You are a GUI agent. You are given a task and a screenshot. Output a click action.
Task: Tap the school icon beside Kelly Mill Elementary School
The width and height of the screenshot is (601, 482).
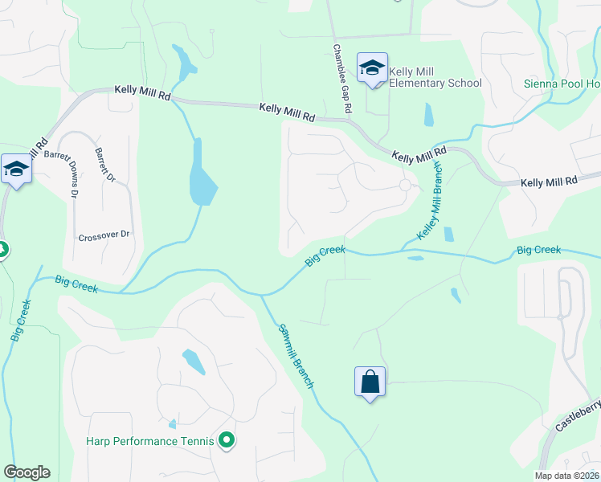pos(372,67)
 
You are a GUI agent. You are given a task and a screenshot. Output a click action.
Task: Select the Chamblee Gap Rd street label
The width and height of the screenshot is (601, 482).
pos(343,78)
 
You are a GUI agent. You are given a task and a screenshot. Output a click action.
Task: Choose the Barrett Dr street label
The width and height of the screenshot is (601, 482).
pos(105,164)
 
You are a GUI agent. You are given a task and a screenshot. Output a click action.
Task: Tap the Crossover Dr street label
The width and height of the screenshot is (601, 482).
pos(104,236)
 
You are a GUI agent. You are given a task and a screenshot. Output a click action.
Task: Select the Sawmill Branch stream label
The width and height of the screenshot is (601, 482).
pos(295,356)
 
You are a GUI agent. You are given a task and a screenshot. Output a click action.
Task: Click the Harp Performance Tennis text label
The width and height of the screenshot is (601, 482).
pos(150,440)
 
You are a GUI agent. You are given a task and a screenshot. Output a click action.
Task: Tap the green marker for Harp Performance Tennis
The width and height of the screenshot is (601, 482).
pos(227,439)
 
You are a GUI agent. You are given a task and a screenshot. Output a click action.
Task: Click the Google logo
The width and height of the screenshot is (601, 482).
pos(27,472)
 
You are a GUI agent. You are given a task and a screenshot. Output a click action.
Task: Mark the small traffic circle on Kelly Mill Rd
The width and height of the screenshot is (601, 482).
pos(405,185)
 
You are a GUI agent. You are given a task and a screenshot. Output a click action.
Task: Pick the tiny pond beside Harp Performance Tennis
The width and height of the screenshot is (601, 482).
pos(172,424)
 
